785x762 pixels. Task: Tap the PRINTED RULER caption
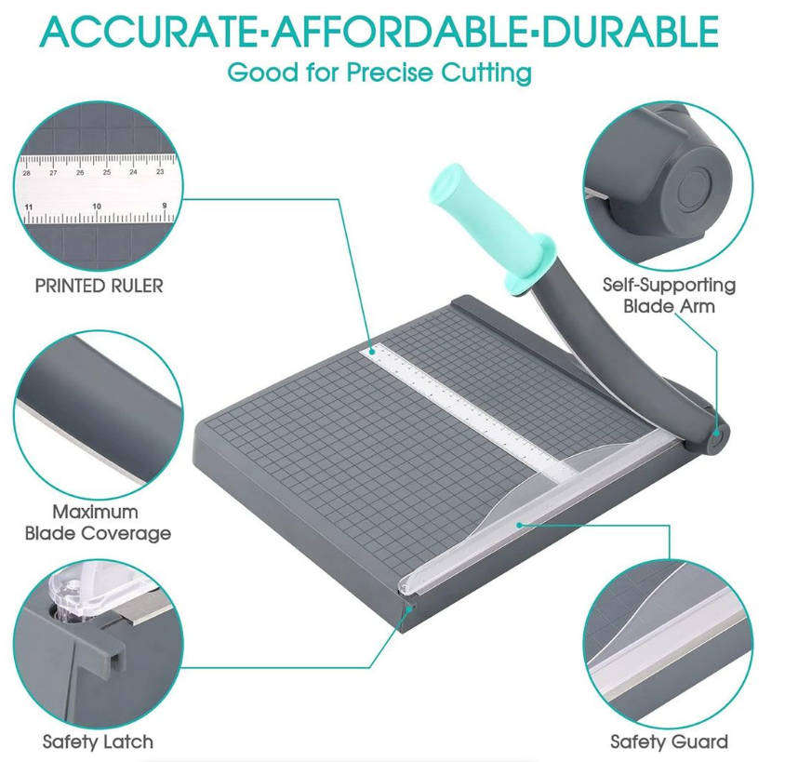(99, 286)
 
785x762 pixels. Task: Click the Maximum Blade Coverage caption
(98, 522)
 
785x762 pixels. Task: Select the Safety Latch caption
(98, 742)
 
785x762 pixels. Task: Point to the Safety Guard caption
(669, 742)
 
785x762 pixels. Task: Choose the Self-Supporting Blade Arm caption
(669, 295)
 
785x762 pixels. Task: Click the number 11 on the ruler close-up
(29, 206)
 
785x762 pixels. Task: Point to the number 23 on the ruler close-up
(160, 171)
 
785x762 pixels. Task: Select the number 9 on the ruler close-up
(164, 206)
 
